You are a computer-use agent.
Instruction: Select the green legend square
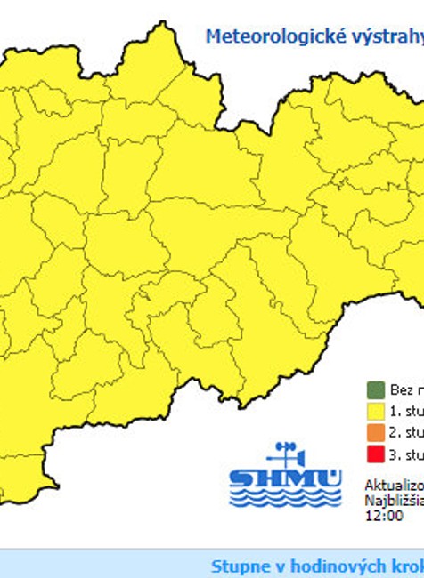pyautogui.click(x=373, y=389)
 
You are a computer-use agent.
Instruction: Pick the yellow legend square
pyautogui.click(x=373, y=411)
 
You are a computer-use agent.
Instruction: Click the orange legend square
pyautogui.click(x=373, y=433)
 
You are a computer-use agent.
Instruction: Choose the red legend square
pyautogui.click(x=373, y=455)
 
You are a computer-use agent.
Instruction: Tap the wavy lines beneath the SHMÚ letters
pyautogui.click(x=285, y=499)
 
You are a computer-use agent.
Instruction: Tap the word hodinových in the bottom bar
pyautogui.click(x=326, y=566)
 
